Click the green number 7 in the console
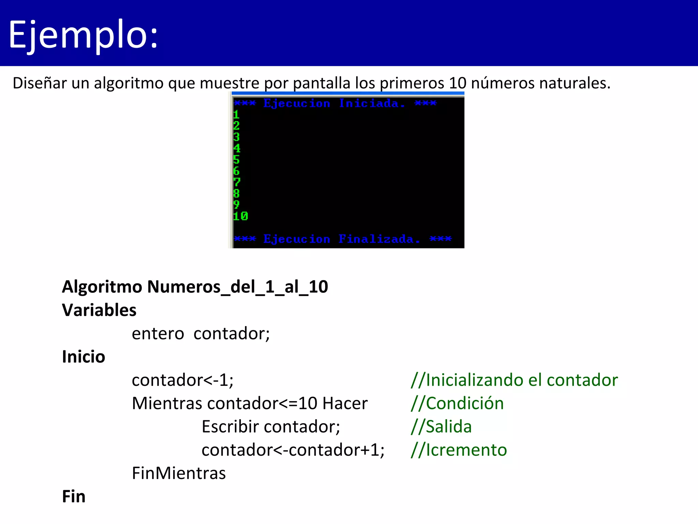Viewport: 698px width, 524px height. tap(237, 182)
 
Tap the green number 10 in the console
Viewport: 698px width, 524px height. tap(240, 216)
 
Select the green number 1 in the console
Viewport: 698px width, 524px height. tap(236, 115)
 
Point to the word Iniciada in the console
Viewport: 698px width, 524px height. tap(369, 103)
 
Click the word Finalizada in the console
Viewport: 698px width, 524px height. tap(376, 239)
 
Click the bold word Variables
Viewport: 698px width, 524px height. tap(99, 310)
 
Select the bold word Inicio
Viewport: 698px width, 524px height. tap(84, 356)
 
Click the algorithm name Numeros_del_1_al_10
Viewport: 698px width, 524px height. tap(238, 287)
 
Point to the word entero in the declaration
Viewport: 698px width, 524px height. tap(158, 333)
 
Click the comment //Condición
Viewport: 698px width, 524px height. tap(457, 403)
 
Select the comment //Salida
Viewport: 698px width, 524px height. tap(441, 426)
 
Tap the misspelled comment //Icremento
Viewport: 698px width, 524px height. tap(459, 450)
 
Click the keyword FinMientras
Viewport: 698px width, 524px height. tap(179, 473)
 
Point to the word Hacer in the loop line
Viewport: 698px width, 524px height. tap(345, 403)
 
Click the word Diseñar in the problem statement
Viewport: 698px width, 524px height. tap(40, 83)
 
